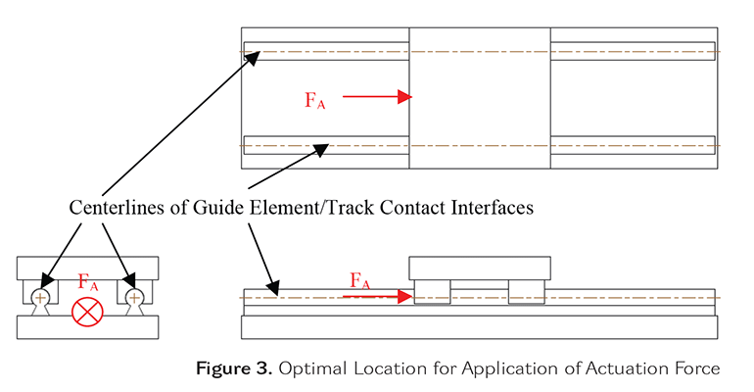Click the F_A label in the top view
314,99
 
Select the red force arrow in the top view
378,97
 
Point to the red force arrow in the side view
378,295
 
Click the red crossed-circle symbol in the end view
84,313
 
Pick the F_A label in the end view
88,282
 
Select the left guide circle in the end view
39,296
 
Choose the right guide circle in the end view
132,296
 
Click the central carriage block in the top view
479,98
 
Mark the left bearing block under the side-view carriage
432,292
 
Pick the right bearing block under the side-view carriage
526,292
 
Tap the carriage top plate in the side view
479,268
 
